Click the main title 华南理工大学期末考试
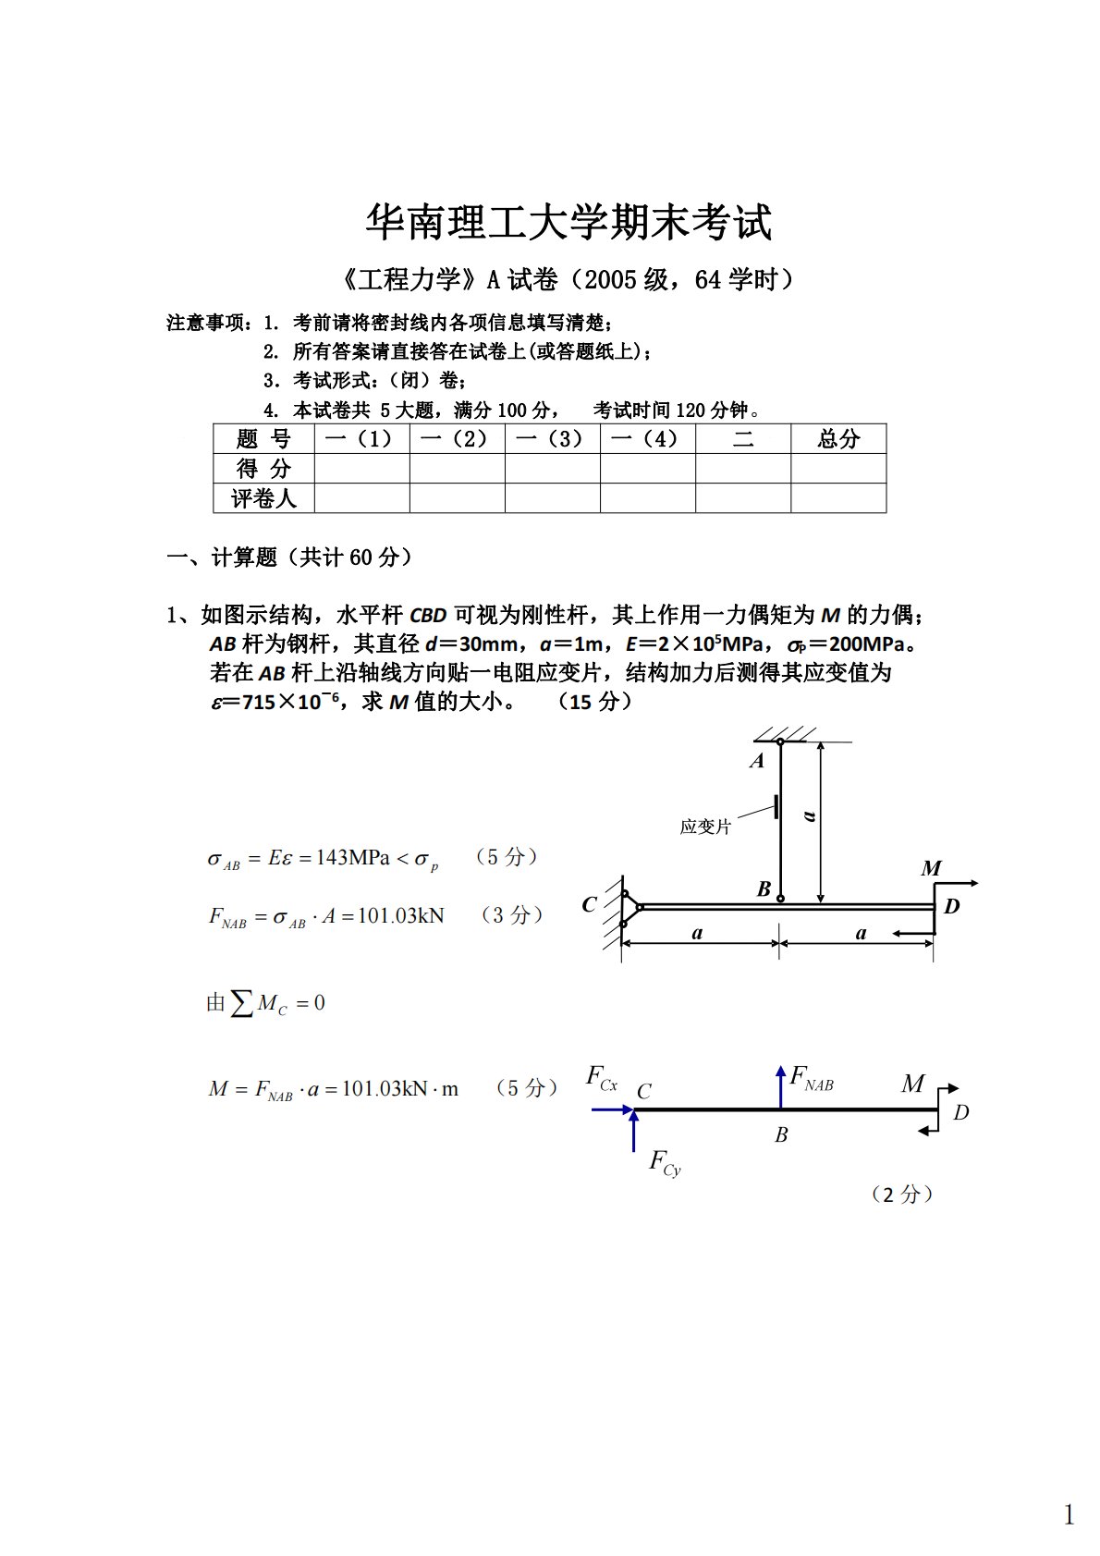(x=568, y=222)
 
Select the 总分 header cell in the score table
(x=837, y=439)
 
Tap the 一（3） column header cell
(x=552, y=439)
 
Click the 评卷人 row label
(x=263, y=498)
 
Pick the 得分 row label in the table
(x=263, y=469)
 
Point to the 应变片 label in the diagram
(x=705, y=827)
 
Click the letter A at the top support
(x=757, y=762)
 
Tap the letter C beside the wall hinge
(x=590, y=905)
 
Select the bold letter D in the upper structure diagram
(x=951, y=907)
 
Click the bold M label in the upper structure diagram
(x=930, y=869)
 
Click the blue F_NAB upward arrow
(x=781, y=1086)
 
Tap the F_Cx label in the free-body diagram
(x=603, y=1078)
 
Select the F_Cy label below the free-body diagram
(x=665, y=1163)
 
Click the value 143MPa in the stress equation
(x=352, y=857)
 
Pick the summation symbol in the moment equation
(x=242, y=1003)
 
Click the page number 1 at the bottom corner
(x=1069, y=1515)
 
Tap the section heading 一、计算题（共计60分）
(x=289, y=557)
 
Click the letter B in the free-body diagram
(x=781, y=1135)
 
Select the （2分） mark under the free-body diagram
(x=902, y=1195)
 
